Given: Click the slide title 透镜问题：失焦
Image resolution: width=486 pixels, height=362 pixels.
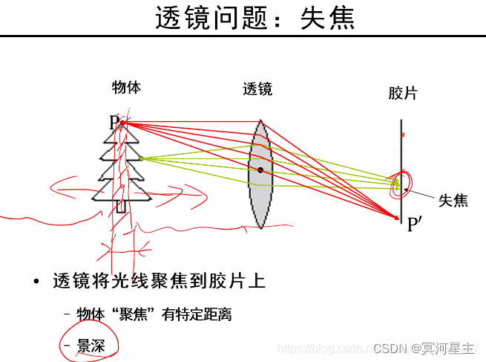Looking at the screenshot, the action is tap(255, 19).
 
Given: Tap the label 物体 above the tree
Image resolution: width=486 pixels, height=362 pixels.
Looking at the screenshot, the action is tap(126, 87).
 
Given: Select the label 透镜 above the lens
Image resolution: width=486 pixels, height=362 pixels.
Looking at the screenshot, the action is tap(257, 89).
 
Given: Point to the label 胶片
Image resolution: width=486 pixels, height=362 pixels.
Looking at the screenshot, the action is tap(402, 93).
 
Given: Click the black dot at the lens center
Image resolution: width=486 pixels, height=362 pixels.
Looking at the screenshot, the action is tap(260, 170).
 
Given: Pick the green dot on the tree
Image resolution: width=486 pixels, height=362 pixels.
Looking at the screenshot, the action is tap(141, 158).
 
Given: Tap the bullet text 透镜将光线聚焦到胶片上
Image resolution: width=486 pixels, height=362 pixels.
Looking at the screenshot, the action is tap(159, 282).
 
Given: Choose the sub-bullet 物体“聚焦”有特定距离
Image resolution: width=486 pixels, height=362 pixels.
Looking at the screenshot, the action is tap(154, 314).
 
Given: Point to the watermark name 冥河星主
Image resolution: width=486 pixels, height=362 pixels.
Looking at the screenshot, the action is tap(448, 347).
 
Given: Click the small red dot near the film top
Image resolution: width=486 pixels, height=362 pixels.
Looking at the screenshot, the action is tap(403, 135).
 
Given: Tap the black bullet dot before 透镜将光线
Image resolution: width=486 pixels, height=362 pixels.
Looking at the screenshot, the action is tap(36, 282).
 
